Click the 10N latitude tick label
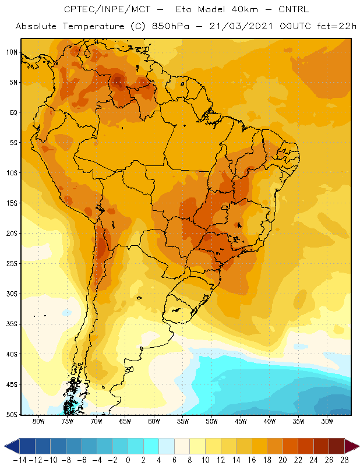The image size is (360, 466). pyautogui.click(x=12, y=52)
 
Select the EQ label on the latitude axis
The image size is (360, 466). pyautogui.click(x=13, y=112)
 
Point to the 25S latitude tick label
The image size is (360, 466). pyautogui.click(x=12, y=264)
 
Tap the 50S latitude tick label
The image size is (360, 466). pyautogui.click(x=12, y=414)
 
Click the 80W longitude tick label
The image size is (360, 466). pyautogui.click(x=38, y=421)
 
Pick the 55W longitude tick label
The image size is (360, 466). pyautogui.click(x=183, y=421)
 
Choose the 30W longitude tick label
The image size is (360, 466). pyautogui.click(x=327, y=421)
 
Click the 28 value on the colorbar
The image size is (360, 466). pyautogui.click(x=344, y=460)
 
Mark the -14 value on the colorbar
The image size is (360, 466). pyautogui.click(x=20, y=460)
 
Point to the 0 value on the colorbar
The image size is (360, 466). pyautogui.click(x=128, y=460)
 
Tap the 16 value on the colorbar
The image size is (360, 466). pyautogui.click(x=252, y=460)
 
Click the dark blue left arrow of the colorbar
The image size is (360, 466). pyautogui.click(x=12, y=446)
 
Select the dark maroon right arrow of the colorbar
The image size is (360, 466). pyautogui.click(x=352, y=446)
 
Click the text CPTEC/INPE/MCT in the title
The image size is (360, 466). pyautogui.click(x=107, y=9)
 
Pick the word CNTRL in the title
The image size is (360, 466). pyautogui.click(x=294, y=9)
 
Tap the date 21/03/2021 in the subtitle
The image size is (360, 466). pyautogui.click(x=241, y=26)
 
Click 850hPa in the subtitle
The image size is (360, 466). pyautogui.click(x=171, y=26)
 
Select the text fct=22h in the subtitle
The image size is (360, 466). pyautogui.click(x=337, y=26)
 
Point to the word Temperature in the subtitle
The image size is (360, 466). pyautogui.click(x=94, y=26)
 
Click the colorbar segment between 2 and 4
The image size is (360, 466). pyautogui.click(x=151, y=446)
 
